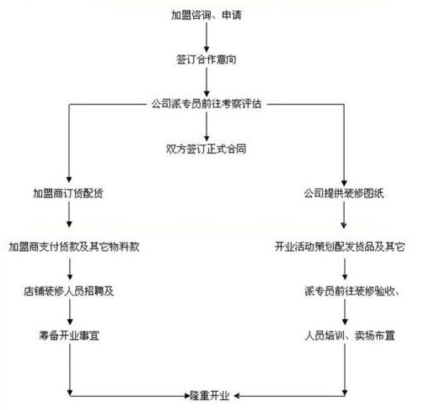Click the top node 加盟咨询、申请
coord(206,15)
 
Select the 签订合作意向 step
coord(206,59)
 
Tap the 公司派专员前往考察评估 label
coord(206,104)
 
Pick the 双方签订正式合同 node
coord(206,149)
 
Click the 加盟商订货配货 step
coord(68,193)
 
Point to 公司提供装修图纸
coord(344,193)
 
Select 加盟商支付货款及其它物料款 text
coord(74,247)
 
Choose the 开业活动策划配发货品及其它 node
coord(340,247)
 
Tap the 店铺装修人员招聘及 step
coord(69,291)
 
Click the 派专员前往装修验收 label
coord(350,291)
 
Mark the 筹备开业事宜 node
coord(69,336)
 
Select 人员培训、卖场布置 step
coord(350,336)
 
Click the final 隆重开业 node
coord(210,396)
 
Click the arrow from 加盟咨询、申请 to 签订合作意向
coord(206,37)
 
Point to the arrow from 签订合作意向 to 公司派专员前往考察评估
coord(206,82)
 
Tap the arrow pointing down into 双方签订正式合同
coord(206,126)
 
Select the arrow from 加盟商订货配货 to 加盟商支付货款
coord(69,214)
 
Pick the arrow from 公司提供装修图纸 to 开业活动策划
coord(344,215)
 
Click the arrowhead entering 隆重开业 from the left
coord(187,396)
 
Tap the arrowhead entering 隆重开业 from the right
coord(237,396)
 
